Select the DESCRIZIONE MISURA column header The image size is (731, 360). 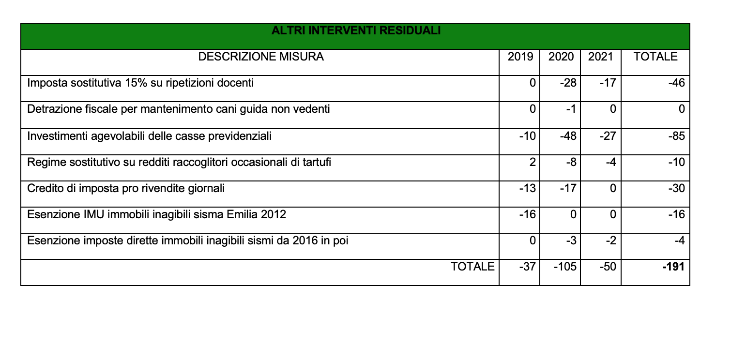point(262,58)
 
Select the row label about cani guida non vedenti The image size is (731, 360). point(179,109)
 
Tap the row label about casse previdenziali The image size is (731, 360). point(150,135)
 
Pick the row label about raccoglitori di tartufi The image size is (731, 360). point(180,161)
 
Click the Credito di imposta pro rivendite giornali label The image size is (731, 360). point(126,188)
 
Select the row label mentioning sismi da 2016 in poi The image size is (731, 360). point(188,240)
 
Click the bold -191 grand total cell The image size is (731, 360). point(673,266)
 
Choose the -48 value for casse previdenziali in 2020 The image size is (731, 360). point(567,135)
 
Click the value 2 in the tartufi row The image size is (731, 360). point(532,161)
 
